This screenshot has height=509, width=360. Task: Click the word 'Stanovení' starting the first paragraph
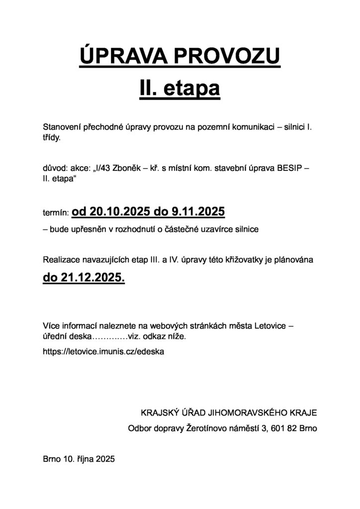[x=62, y=128]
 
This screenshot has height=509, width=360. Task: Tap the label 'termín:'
[x=56, y=213]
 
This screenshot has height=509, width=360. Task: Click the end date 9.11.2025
[x=198, y=212]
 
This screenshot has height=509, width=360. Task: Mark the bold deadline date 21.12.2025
[x=92, y=278]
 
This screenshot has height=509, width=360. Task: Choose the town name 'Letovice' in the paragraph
[x=270, y=326]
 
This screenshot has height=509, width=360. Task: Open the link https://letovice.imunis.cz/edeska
[x=103, y=351]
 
